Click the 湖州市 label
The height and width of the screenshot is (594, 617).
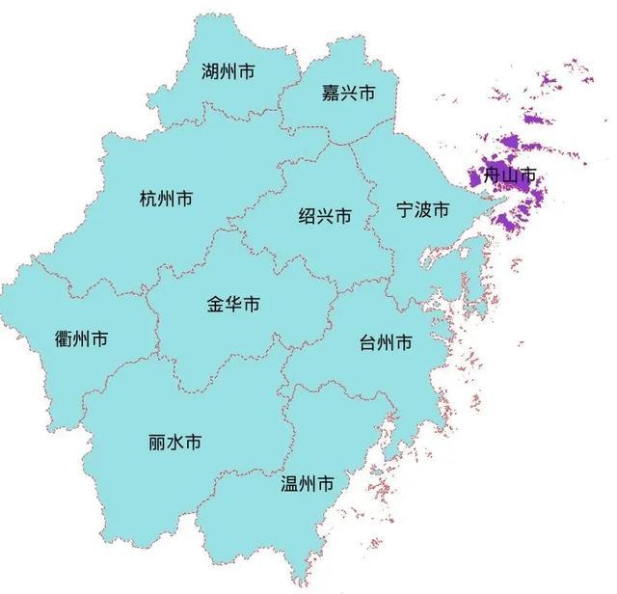click(x=228, y=71)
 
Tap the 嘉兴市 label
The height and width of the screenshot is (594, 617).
click(x=348, y=94)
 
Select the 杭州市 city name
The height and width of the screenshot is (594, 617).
click(x=166, y=200)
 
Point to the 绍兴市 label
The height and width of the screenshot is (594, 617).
click(x=325, y=216)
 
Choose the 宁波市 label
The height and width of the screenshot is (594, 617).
click(x=423, y=210)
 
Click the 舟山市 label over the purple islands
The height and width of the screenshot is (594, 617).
click(x=510, y=176)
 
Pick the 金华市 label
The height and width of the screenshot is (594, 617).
click(x=234, y=305)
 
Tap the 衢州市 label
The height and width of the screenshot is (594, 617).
click(x=82, y=338)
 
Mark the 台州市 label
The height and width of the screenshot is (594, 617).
click(x=386, y=343)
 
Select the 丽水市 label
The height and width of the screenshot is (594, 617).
click(x=175, y=443)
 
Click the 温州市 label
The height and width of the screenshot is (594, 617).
click(x=308, y=483)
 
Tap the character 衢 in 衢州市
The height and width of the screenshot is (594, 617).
click(x=64, y=338)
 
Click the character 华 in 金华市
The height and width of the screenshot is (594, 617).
click(x=234, y=305)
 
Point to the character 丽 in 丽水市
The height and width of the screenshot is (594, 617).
click(x=157, y=443)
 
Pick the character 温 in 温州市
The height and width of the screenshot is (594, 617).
click(x=289, y=483)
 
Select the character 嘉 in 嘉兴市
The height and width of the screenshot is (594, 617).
click(x=330, y=94)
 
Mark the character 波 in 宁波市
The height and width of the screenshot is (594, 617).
click(x=423, y=210)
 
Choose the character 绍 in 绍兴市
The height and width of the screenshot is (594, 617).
click(x=307, y=216)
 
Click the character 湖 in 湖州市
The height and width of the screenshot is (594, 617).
click(x=210, y=71)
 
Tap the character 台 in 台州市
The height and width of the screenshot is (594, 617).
click(x=367, y=343)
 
